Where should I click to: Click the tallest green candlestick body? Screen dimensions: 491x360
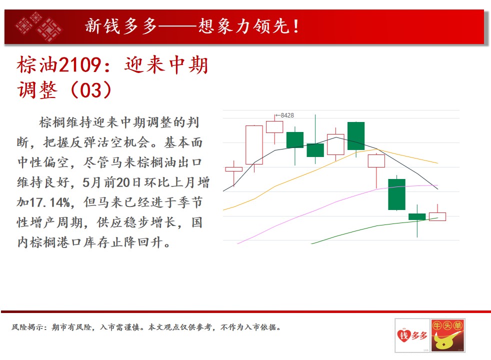coord(396,194)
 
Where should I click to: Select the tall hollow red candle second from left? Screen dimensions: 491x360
coord(254,145)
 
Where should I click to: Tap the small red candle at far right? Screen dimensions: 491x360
coord(437,216)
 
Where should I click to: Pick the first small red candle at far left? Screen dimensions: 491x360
coord(233,169)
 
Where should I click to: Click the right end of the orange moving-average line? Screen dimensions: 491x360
coord(438,163)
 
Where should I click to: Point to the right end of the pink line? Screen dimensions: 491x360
coord(438,185)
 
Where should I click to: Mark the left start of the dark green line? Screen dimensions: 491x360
coord(311,243)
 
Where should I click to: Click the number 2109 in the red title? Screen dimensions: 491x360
coord(80,65)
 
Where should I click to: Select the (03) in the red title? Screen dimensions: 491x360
coord(91,90)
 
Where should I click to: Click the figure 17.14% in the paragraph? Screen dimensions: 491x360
coord(50,202)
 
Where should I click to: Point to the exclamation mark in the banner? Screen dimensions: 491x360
coord(296,26)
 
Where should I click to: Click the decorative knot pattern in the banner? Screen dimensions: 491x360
coord(39,26)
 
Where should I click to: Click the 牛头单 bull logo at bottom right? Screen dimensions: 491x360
coord(447,335)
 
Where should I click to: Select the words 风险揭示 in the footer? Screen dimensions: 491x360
coord(27,327)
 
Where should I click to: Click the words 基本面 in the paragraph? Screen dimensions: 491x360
coord(183,142)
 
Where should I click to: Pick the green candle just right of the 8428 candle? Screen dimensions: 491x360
coord(295,140)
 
